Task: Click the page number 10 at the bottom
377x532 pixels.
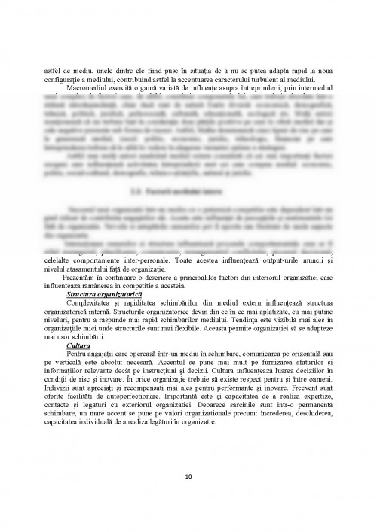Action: tap(188, 476)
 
